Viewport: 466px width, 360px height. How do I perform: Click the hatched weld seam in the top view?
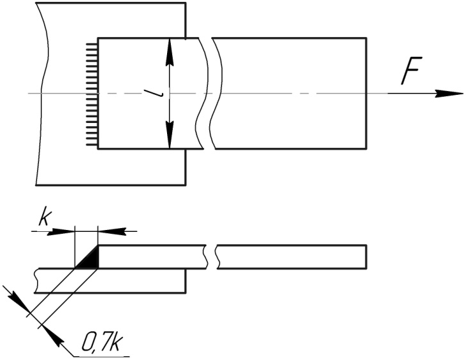pos(92,94)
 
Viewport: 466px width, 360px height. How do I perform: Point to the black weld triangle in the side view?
pos(90,259)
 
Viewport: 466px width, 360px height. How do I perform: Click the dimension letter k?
pos(44,218)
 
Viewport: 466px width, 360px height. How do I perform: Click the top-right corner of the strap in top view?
pos(366,38)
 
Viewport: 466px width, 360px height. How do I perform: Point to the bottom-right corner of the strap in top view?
pos(366,149)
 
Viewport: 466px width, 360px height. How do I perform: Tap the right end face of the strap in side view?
pos(366,255)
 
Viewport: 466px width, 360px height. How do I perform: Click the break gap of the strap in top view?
pos(209,94)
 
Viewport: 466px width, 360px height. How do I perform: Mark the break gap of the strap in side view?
pos(212,256)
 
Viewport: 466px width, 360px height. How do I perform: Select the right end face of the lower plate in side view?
pos(186,281)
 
